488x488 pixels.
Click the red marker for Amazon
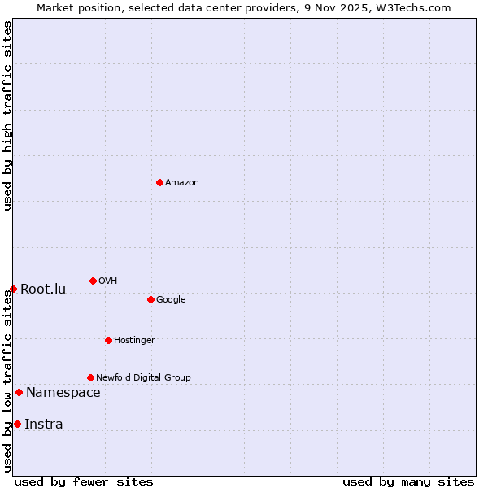pos(159,182)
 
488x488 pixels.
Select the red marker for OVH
pos(93,281)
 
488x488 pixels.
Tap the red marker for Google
pos(150,299)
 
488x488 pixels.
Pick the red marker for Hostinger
pos(108,340)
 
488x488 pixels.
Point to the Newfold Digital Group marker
pos(90,377)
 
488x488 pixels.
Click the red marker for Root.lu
pos(13,289)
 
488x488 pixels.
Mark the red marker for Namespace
pos(19,392)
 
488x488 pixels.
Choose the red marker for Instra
pos(17,424)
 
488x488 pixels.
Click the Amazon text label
pos(182,183)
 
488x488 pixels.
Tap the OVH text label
pos(108,281)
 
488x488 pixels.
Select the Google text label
pos(171,300)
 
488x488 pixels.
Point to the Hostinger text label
pos(134,341)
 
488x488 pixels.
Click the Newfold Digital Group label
pos(143,378)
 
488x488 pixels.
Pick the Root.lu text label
pos(43,290)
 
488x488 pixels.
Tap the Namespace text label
pos(63,393)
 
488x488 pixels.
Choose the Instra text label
pos(44,425)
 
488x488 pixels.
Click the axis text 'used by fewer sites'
pos(84,481)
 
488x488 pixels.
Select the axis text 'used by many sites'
pos(408,481)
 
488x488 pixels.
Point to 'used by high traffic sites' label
pos(7,115)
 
